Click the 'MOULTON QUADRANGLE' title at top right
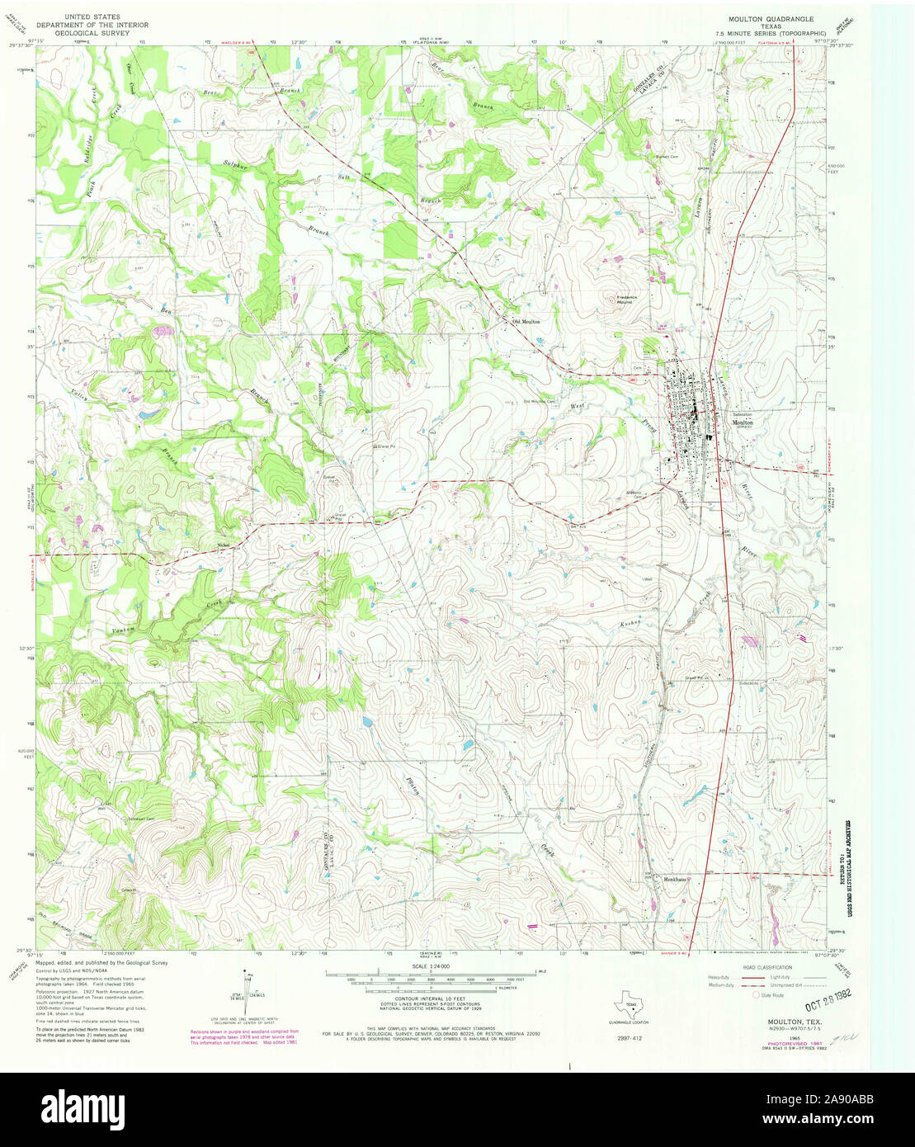click(x=758, y=17)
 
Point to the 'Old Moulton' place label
click(x=526, y=322)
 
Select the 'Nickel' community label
click(x=222, y=544)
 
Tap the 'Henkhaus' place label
click(x=676, y=879)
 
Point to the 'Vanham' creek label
click(x=124, y=630)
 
